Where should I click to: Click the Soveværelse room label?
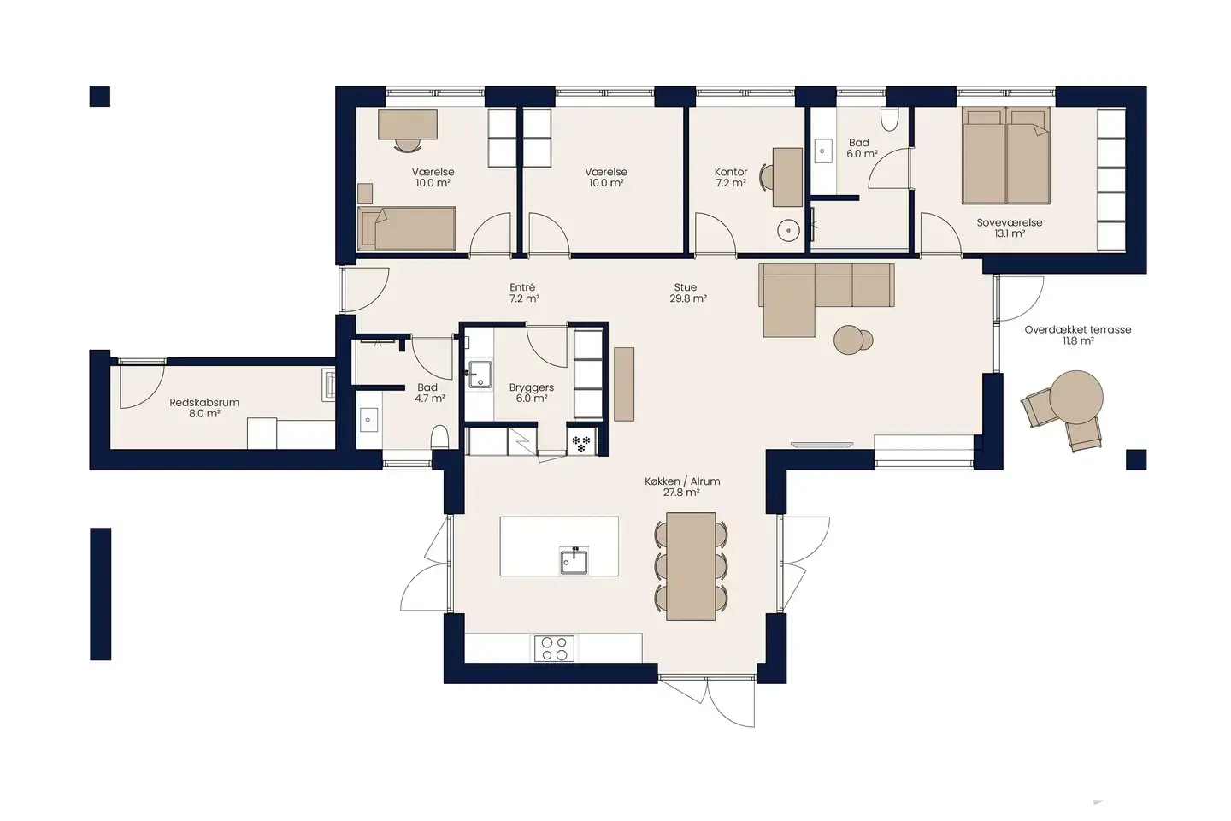coord(1010,222)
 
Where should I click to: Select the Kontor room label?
coord(731,172)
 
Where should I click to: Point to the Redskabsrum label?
coord(204,402)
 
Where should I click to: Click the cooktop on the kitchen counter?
coord(554,648)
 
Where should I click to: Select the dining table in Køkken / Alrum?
coord(691,565)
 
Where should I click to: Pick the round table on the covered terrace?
coord(1076,396)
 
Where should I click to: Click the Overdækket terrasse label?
coord(1077,329)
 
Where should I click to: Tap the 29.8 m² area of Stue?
coord(688,299)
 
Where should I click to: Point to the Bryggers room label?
coord(532,387)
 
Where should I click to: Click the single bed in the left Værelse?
coord(407,227)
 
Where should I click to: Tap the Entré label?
coord(522,287)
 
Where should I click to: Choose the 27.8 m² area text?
coord(681,493)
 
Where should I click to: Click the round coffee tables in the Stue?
coord(852,340)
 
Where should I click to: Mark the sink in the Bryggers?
coord(480,374)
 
